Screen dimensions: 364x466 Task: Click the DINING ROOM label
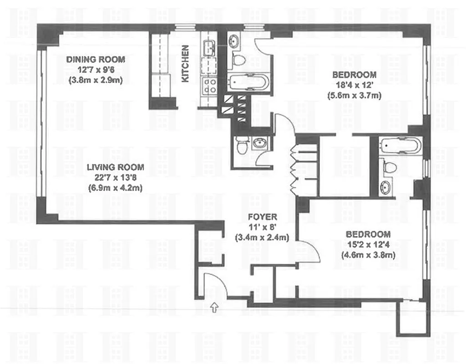click(96, 60)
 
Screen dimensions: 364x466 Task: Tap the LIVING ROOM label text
click(116, 167)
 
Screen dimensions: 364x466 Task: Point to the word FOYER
click(262, 217)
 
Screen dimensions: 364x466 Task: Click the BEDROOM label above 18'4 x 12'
click(354, 75)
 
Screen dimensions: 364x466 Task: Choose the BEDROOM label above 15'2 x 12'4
click(368, 234)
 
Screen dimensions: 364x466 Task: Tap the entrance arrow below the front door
click(214, 309)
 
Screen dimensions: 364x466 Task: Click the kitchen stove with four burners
click(209, 86)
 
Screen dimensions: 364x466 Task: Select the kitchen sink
click(209, 47)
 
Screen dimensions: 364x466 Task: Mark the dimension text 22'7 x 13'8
click(116, 177)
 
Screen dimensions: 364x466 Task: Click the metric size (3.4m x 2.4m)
click(262, 237)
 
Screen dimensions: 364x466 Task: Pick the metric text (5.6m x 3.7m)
click(354, 95)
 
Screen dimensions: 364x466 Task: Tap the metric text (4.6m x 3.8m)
click(368, 255)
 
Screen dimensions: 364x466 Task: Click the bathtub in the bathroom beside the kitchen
click(248, 82)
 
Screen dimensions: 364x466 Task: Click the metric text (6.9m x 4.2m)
click(116, 187)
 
